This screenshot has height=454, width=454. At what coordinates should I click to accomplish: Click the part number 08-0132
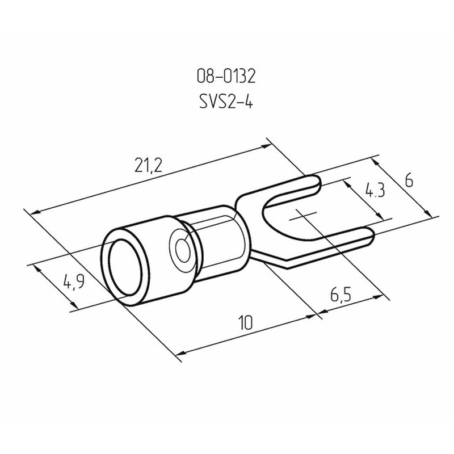226,77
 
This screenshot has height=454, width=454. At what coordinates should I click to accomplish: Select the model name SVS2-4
226,102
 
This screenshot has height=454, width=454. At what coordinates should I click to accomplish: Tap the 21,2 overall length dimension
148,165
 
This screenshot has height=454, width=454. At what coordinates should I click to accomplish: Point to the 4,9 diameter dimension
74,281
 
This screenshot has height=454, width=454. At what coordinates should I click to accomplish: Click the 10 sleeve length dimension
246,322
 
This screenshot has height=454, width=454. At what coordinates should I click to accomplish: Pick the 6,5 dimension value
340,295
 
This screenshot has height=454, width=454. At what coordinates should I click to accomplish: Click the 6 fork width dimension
409,180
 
